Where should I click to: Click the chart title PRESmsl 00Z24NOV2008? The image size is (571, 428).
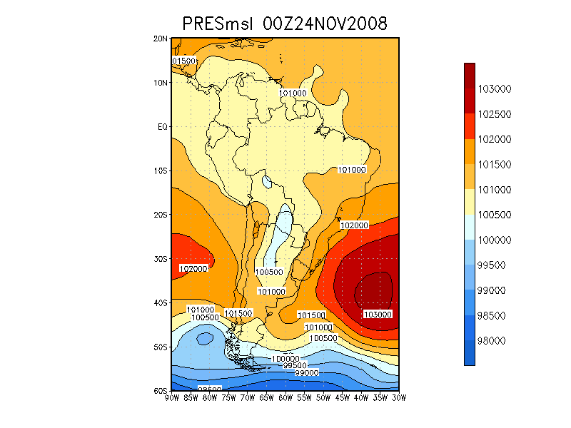point(285,24)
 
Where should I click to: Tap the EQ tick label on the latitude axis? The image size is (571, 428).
point(163,126)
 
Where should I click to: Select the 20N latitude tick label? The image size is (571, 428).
point(161,39)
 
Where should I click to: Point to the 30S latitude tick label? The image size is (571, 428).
point(161,259)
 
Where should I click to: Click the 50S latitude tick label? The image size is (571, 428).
point(161,347)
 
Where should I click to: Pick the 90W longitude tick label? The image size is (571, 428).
point(171,397)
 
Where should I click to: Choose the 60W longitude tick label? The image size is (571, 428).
point(285,397)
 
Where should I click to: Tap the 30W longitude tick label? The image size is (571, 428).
point(398,397)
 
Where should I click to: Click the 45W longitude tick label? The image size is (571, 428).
point(342,397)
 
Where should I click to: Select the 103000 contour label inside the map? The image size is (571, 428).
point(377,315)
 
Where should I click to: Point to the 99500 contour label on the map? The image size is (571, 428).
point(295,365)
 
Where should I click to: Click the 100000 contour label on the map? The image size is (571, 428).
point(285,358)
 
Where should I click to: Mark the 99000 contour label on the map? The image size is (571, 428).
point(306,372)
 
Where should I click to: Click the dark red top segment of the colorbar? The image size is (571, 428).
point(470,76)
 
